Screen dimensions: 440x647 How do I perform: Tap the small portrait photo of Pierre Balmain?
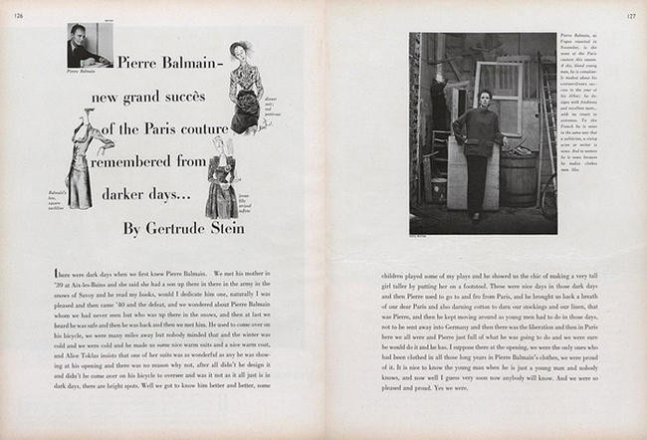coord(81,46)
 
